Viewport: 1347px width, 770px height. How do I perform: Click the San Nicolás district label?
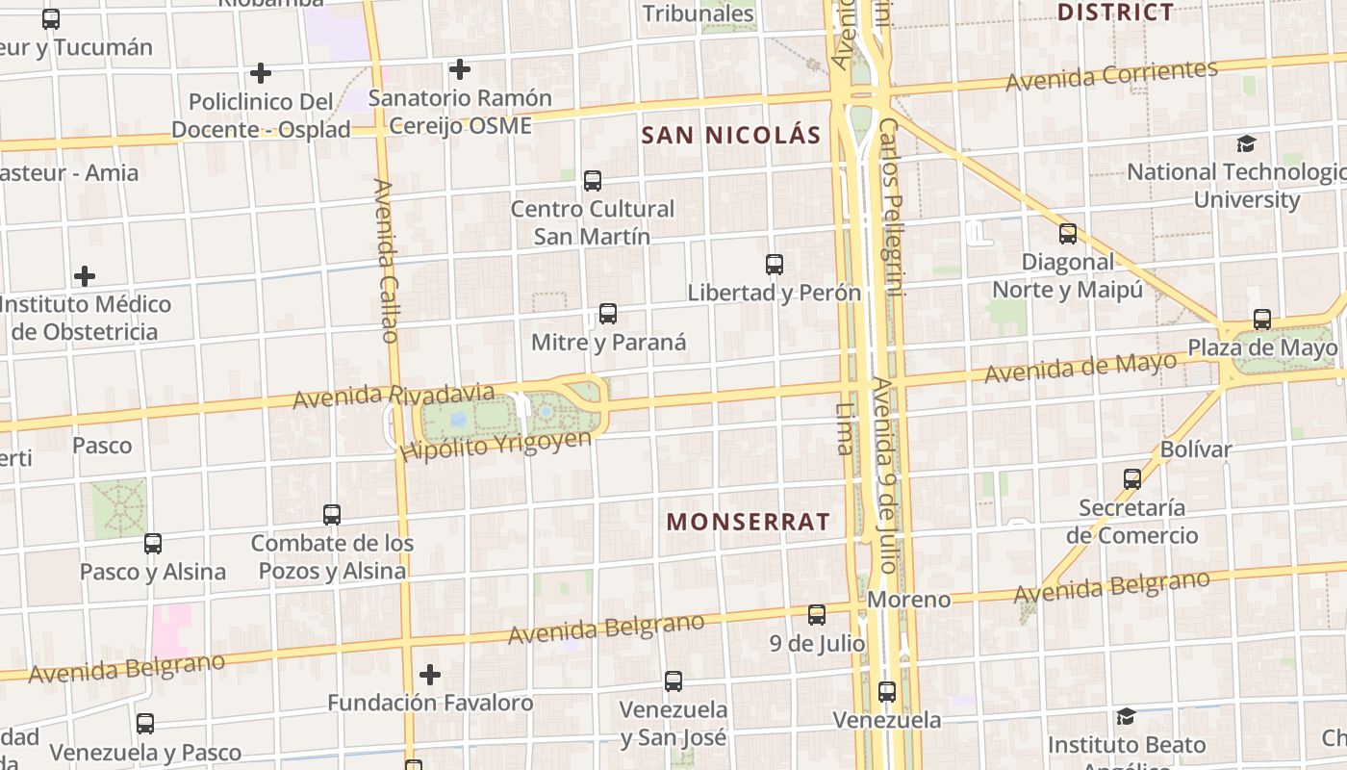731,135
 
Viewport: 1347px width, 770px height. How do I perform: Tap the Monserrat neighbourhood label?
749,522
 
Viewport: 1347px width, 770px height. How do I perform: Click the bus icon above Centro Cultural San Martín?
593,180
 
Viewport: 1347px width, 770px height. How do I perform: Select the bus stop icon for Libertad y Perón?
775,264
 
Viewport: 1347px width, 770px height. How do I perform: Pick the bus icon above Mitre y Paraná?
608,313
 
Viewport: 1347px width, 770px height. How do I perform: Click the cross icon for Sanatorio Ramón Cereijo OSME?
460,69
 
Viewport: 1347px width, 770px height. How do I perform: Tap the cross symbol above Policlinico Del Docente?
260,72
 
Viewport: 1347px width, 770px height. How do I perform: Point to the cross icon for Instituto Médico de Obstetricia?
85,276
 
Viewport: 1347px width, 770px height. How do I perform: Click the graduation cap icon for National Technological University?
1247,143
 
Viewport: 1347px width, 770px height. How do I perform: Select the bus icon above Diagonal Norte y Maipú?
1068,233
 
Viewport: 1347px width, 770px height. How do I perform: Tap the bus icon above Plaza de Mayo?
1262,320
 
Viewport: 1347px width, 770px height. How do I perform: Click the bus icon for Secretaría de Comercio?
1132,478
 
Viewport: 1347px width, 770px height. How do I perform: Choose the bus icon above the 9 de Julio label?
817,614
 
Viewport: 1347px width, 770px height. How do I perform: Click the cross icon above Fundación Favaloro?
430,674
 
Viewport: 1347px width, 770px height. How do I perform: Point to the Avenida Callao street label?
386,260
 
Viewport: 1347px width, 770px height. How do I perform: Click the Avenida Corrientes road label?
1112,75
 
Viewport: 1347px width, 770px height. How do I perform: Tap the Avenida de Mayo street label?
1080,367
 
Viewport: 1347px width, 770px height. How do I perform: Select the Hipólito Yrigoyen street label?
496,446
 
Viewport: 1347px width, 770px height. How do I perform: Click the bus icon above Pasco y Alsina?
153,543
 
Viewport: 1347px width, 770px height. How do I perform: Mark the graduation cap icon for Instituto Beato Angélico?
1127,716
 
